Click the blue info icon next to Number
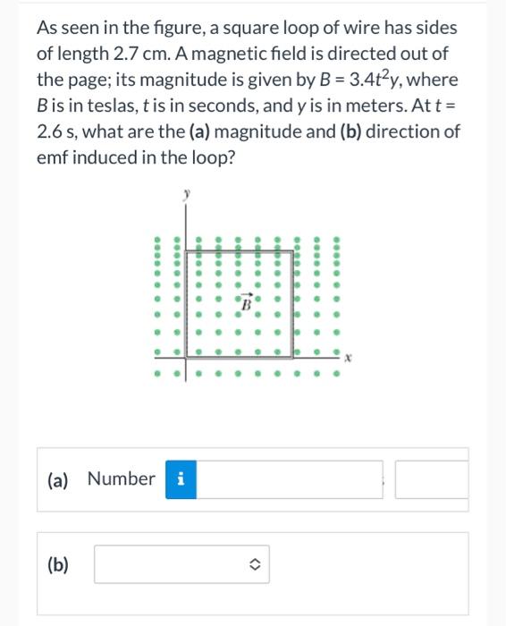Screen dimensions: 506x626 coord(181,479)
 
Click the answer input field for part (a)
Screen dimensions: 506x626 coord(291,479)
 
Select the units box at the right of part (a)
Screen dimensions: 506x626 coord(432,479)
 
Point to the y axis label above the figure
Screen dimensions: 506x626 coord(186,191)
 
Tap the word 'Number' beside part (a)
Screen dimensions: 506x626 coord(121,479)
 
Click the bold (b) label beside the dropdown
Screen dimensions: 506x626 coord(57,564)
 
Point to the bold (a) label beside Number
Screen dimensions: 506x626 coord(57,479)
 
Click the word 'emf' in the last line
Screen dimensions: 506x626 coord(51,157)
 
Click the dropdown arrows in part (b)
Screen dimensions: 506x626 coord(255,564)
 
